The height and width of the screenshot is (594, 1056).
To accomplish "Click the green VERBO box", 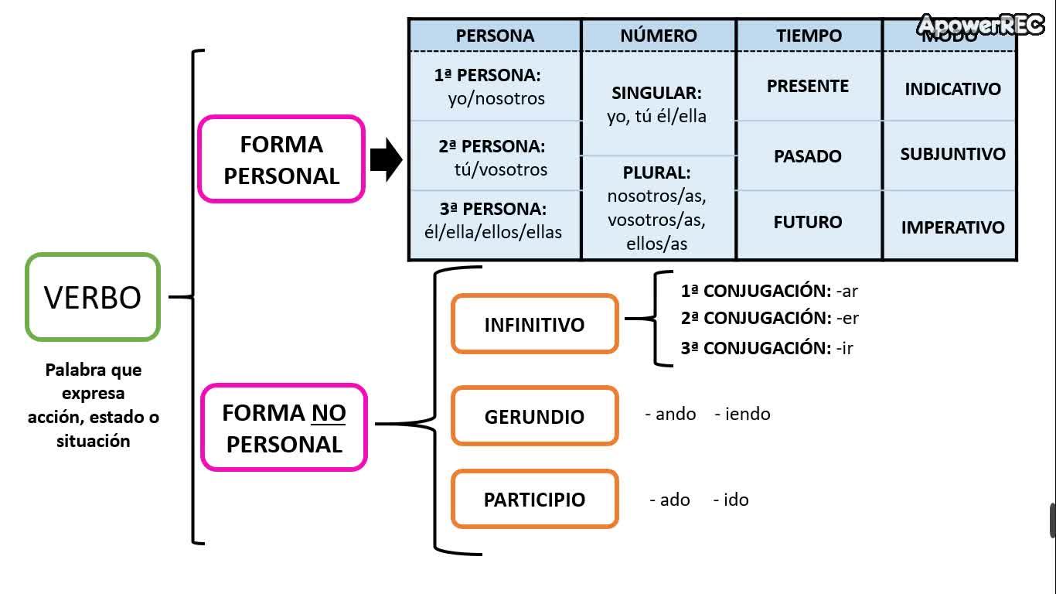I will (x=93, y=297).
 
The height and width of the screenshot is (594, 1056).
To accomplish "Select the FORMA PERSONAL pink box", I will (x=281, y=159).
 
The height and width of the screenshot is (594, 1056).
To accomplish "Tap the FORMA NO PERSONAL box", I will (x=284, y=428).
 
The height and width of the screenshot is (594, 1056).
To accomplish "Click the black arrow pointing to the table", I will (x=386, y=160).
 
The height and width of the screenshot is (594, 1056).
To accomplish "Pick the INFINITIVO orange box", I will (x=534, y=324).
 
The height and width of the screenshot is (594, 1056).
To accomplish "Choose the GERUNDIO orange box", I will (x=534, y=416).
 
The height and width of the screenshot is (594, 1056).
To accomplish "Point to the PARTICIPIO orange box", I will (x=534, y=499).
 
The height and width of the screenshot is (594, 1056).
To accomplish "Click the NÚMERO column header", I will (x=658, y=36).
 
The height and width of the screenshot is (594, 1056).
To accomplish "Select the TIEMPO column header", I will (x=809, y=36).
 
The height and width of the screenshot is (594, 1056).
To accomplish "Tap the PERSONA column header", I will (x=495, y=36).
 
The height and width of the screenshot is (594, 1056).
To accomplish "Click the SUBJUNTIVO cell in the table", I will (x=952, y=154).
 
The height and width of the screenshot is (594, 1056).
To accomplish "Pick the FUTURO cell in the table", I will (x=808, y=222).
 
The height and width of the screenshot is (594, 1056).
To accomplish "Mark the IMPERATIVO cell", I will (x=952, y=227).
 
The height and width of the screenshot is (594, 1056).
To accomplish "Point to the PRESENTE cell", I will (x=808, y=86).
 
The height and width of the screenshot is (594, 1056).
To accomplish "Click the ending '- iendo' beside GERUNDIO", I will (x=742, y=414).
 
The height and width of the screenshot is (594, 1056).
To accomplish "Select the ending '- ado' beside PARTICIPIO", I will (x=669, y=500).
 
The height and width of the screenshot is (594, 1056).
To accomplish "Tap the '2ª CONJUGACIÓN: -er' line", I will (x=769, y=318).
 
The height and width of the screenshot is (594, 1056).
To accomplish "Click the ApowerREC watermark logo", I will (x=981, y=26).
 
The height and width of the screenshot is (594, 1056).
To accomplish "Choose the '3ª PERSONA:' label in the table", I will (x=493, y=209).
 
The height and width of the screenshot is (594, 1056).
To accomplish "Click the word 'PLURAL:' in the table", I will (x=656, y=172).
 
